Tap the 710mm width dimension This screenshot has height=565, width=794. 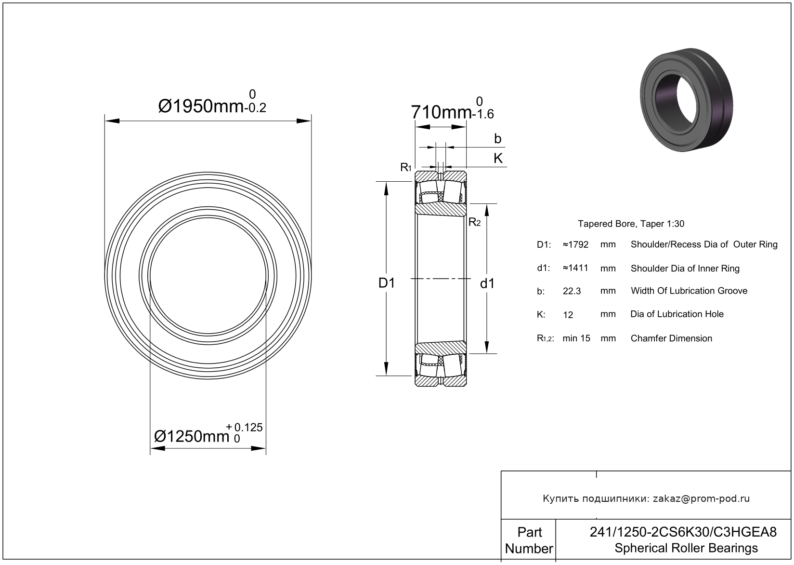[x=452, y=108]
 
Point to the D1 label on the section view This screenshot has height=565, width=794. [x=387, y=283]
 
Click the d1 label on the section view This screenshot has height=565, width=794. [x=487, y=283]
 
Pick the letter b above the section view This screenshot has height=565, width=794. [x=498, y=139]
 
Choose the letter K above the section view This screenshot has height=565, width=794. [x=498, y=158]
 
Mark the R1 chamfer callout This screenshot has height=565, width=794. [x=405, y=167]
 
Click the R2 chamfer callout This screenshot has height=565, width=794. [x=475, y=222]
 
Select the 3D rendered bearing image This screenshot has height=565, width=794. [x=687, y=99]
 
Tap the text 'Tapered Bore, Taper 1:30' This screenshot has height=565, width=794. [x=631, y=224]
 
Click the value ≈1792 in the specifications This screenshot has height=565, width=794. [x=576, y=244]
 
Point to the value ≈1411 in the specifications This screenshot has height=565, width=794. [x=575, y=268]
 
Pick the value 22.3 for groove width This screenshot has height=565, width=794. [x=572, y=291]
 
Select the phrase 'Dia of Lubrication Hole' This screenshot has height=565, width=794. [x=677, y=314]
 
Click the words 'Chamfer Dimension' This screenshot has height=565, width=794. [x=671, y=338]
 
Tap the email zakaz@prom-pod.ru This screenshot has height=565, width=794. [x=701, y=498]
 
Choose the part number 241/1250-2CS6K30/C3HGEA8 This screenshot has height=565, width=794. [x=683, y=532]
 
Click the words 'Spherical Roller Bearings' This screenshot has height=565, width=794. [x=686, y=548]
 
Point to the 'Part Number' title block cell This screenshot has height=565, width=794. [x=529, y=540]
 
